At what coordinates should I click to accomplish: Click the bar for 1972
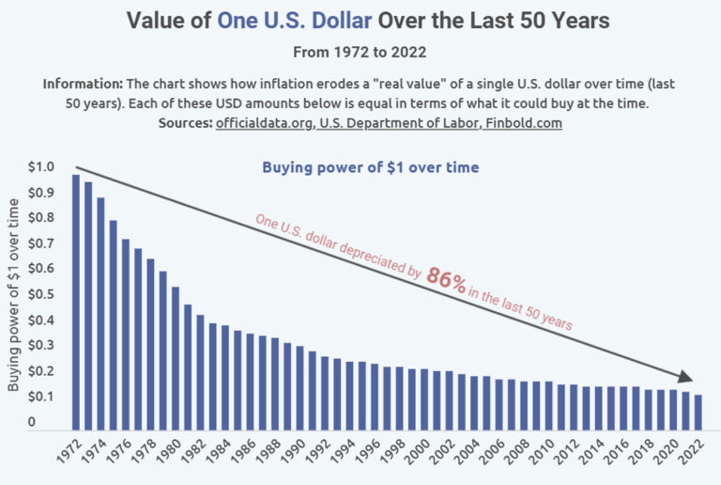tap(76, 301)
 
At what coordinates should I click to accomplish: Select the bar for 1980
tap(175, 357)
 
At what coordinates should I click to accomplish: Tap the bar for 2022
tap(698, 411)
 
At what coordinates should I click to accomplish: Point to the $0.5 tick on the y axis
tap(41, 294)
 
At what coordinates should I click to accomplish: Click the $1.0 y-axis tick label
tap(41, 167)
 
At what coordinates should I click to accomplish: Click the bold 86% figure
tap(446, 279)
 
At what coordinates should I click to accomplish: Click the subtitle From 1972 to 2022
tap(360, 53)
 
